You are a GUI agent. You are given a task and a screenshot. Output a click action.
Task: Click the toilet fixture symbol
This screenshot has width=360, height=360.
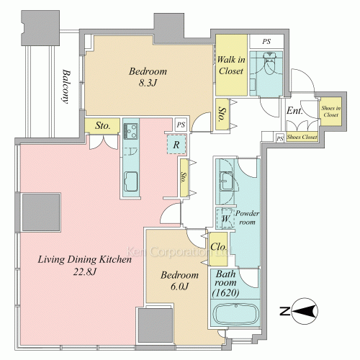[x=270, y=63]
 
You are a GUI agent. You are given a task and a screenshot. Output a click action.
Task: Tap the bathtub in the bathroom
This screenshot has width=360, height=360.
[x=236, y=313]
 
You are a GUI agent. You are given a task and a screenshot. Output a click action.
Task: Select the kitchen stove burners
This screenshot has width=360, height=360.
[x=130, y=131]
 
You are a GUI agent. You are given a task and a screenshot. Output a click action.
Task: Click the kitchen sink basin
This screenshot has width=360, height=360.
[x=131, y=181]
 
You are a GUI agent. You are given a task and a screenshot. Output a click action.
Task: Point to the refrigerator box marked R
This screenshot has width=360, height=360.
[x=176, y=145]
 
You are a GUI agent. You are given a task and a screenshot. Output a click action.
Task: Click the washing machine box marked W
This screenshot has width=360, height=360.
[x=225, y=218]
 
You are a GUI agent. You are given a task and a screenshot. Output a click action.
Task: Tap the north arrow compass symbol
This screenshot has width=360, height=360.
[x=300, y=311]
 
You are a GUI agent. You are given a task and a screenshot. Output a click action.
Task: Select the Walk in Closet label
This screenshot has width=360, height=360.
[x=231, y=66]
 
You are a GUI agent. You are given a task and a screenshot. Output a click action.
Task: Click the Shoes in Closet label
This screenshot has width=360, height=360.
[x=331, y=112]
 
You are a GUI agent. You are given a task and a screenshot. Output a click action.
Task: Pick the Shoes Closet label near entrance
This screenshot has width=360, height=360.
[x=302, y=137]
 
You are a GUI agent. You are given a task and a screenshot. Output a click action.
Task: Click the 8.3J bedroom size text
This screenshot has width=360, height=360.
[x=148, y=83]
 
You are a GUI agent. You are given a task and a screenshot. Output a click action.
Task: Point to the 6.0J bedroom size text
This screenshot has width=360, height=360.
[x=179, y=287]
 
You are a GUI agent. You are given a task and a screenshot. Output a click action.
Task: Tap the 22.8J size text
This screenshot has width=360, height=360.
[x=85, y=272]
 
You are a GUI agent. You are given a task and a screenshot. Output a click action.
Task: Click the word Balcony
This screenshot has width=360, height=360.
[x=66, y=86]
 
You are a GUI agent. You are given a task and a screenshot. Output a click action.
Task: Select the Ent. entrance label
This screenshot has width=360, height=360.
[x=294, y=111]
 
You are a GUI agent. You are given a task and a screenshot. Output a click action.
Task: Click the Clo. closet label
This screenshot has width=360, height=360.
[x=218, y=247]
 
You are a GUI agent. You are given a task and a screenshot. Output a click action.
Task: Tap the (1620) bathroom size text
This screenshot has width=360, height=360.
[x=225, y=293]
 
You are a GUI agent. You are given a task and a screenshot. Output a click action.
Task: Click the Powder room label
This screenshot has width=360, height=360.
[x=247, y=217]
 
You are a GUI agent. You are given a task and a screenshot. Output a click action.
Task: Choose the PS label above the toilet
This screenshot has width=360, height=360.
[x=266, y=42]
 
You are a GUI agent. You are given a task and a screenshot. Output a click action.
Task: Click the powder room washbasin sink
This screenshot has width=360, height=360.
[x=226, y=181]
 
